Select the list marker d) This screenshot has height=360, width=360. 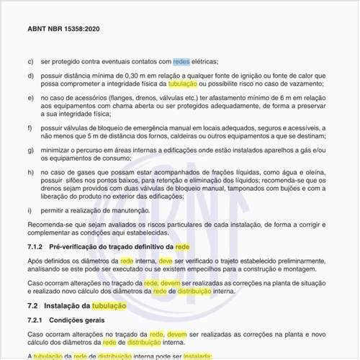pyautogui.click(x=30, y=76)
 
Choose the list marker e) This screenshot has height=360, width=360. pyautogui.click(x=30, y=96)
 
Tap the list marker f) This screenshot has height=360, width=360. pyautogui.click(x=30, y=127)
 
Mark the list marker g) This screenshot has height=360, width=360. pyautogui.click(x=30, y=150)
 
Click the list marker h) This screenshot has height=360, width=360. pyautogui.click(x=30, y=173)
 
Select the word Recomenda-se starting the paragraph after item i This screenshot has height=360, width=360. pyautogui.click(x=49, y=225)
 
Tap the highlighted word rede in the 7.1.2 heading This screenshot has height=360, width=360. pyautogui.click(x=183, y=247)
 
